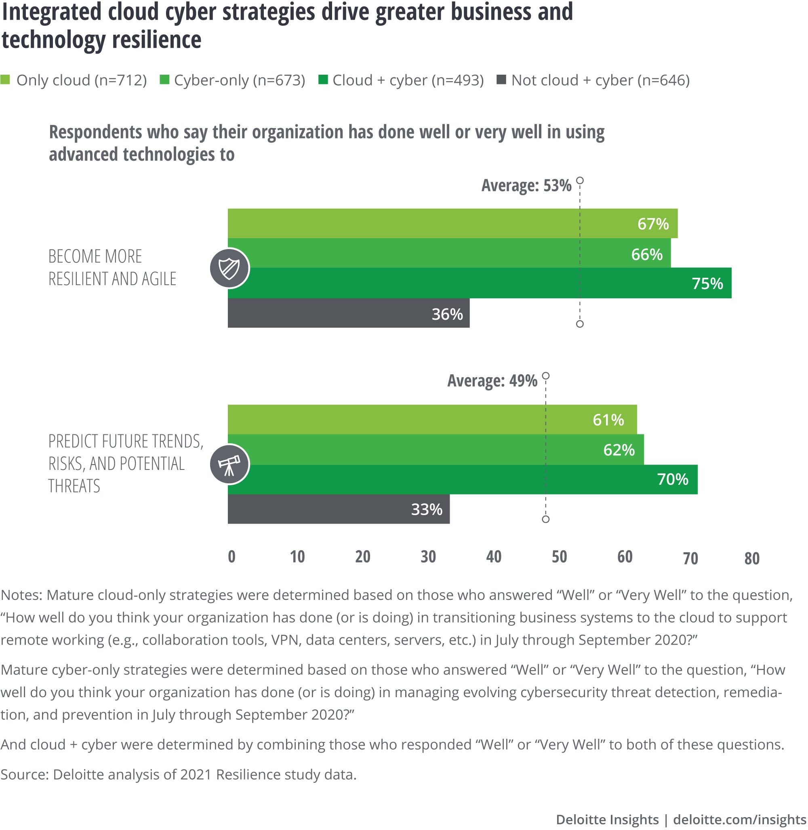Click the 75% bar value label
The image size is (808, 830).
tap(707, 283)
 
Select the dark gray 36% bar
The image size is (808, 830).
tap(348, 313)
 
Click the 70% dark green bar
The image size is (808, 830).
tap(463, 479)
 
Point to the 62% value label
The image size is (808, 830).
tap(619, 450)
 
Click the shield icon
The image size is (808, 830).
tap(229, 268)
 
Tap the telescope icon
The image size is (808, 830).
tap(229, 464)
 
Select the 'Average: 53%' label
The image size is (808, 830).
tap(526, 185)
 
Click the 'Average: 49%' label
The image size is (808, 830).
tap(492, 380)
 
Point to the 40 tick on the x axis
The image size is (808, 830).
tap(494, 556)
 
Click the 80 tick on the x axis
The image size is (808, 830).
tap(751, 558)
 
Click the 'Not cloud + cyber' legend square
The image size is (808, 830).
tap(501, 79)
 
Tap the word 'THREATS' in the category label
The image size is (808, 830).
tap(74, 486)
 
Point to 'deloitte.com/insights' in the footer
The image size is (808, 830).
tap(739, 820)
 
